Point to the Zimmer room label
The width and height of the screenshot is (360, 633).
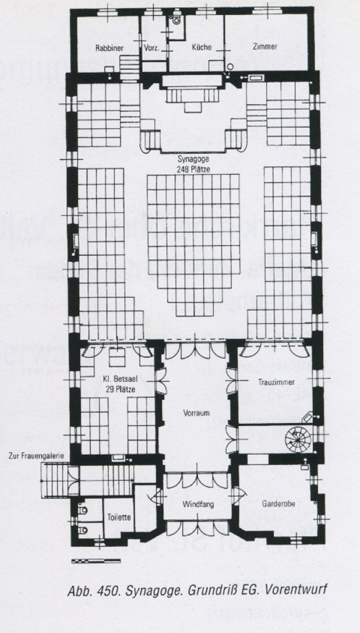[265, 46]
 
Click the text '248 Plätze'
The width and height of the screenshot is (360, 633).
[193, 169]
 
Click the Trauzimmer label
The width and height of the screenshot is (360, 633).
[276, 382]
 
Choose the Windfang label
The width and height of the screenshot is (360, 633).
[198, 504]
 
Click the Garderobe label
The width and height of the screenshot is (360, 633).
[278, 504]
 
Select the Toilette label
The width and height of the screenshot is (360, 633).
[119, 517]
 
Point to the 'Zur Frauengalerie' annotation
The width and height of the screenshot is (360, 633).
[36, 456]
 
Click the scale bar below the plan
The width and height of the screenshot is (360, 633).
[96, 560]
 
